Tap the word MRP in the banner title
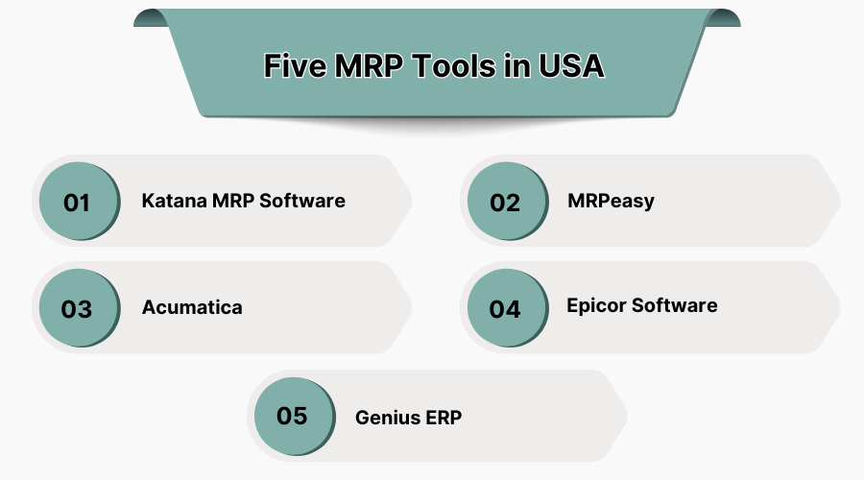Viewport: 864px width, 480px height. point(369,65)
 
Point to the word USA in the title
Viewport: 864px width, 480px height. point(571,65)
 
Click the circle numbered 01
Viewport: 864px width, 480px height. point(80,202)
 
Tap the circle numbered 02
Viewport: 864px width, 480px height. point(508,202)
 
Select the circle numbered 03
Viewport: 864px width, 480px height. point(80,308)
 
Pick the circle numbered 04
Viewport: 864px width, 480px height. point(508,308)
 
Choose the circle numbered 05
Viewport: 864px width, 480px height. point(295,417)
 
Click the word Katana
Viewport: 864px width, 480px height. point(174,201)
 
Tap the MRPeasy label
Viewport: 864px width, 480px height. point(612,202)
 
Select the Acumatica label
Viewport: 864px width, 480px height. point(192,307)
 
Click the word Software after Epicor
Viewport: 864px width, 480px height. point(675,304)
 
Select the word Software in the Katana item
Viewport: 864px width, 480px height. point(302,201)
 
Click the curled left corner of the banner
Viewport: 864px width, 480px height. point(151,17)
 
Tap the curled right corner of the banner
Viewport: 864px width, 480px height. point(723,17)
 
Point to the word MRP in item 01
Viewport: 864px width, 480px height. point(233,201)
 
